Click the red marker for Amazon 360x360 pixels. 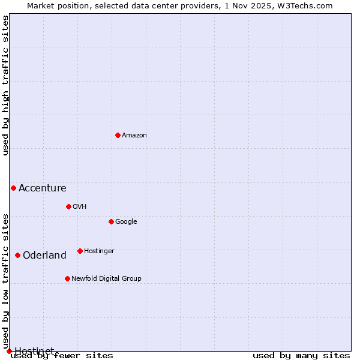118,135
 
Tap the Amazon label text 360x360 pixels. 134,136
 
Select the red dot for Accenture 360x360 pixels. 13,188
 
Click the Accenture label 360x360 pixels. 43,188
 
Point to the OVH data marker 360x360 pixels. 68,206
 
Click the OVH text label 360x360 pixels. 80,207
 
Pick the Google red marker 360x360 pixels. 111,221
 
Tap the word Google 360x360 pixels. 126,222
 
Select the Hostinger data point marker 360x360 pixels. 80,251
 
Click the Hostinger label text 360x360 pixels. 99,251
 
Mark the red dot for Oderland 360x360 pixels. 17,255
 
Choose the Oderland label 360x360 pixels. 45,256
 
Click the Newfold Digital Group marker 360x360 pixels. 67,278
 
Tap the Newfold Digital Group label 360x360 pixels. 106,279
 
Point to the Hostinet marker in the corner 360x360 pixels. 9,351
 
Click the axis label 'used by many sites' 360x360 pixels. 301,356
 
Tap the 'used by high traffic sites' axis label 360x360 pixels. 6,85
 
